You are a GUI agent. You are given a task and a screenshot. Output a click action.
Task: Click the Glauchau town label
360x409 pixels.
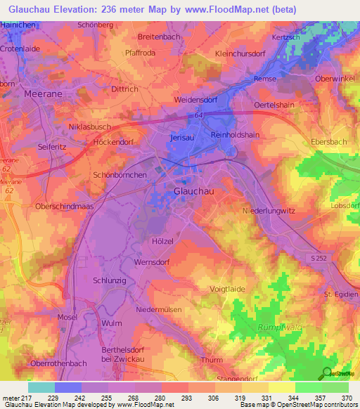(194, 190)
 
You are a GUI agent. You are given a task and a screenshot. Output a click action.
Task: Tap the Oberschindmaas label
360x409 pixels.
(56, 205)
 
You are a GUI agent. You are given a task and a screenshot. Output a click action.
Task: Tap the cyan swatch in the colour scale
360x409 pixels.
(41, 387)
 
